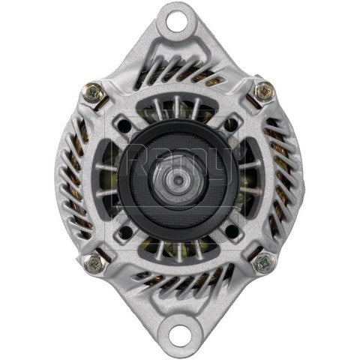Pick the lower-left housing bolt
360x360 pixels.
(94, 263)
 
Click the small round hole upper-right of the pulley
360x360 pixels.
(235, 121)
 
